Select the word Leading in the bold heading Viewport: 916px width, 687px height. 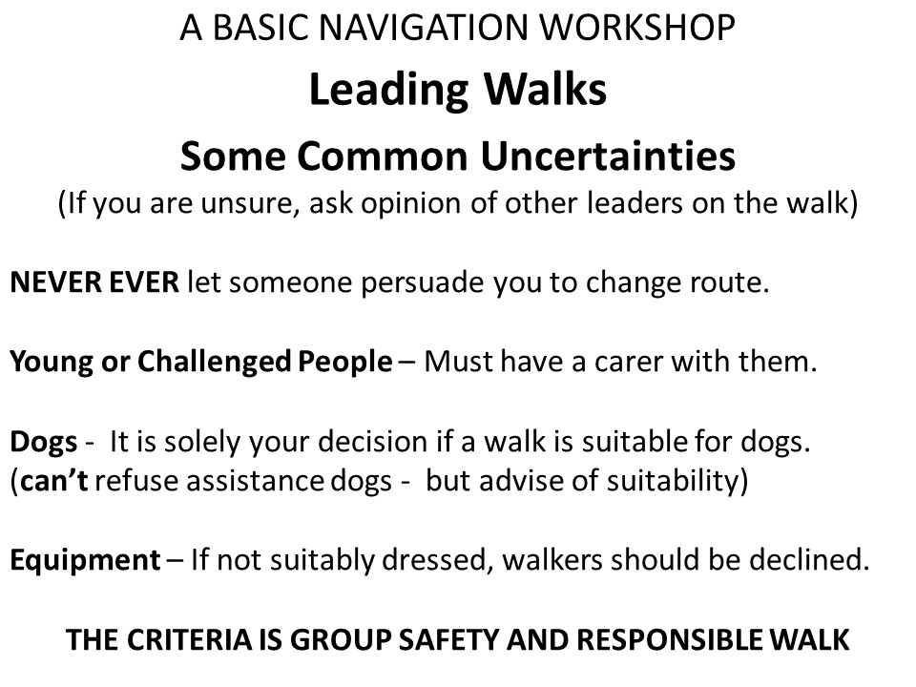(x=388, y=92)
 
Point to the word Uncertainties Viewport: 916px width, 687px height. (x=608, y=156)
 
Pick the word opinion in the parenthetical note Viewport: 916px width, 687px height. (x=410, y=204)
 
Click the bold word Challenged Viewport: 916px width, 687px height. (x=215, y=363)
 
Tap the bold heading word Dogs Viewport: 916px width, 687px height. (x=44, y=442)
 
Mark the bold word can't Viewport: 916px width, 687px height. (x=53, y=481)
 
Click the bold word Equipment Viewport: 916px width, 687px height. (x=85, y=561)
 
